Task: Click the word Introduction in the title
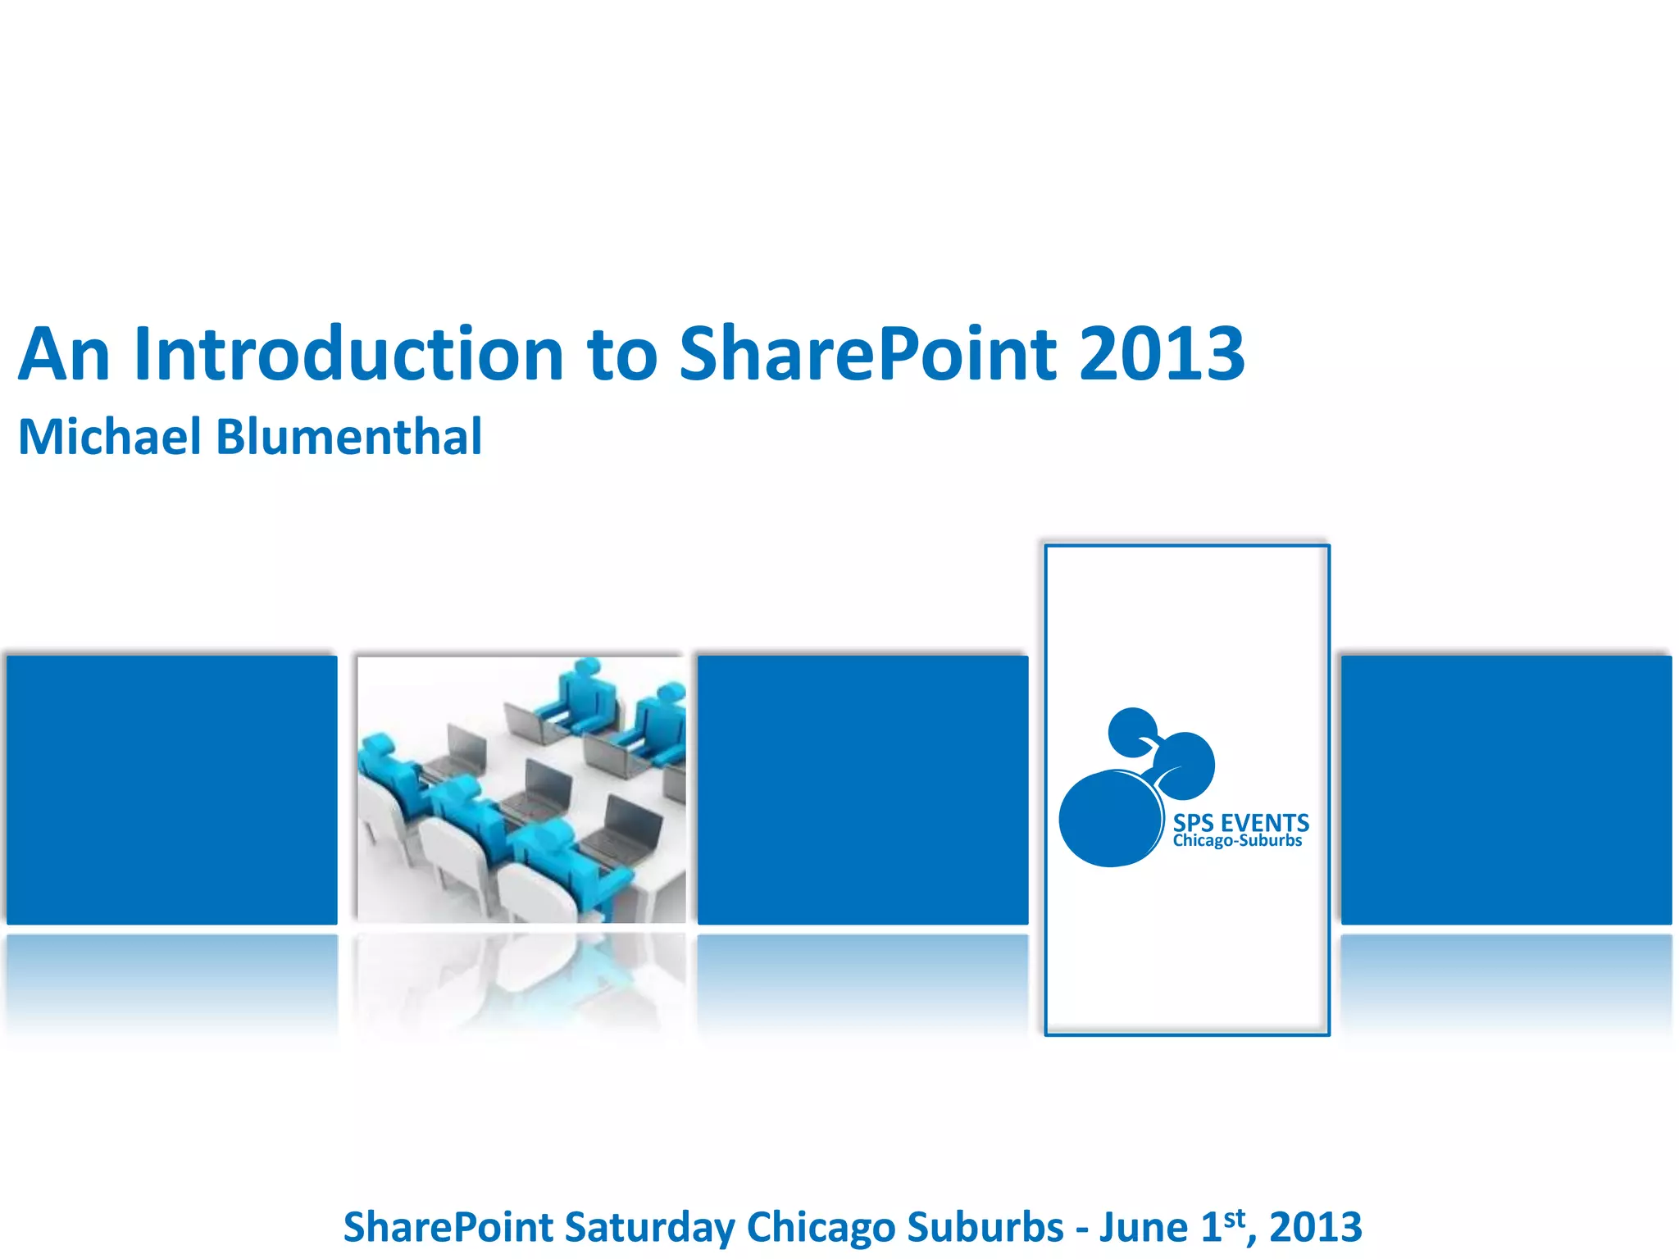pos(348,354)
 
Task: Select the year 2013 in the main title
pos(1162,354)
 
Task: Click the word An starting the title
pos(64,354)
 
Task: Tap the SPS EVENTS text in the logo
pos(1240,822)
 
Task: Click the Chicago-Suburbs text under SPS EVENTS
pos(1237,841)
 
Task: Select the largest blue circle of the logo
pos(1109,818)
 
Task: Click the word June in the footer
pos(1144,1227)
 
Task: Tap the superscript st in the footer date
pos(1234,1218)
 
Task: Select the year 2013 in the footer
pos(1315,1227)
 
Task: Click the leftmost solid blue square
pos(172,789)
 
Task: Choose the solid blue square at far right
pos(1506,789)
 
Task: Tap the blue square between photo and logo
pos(862,789)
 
